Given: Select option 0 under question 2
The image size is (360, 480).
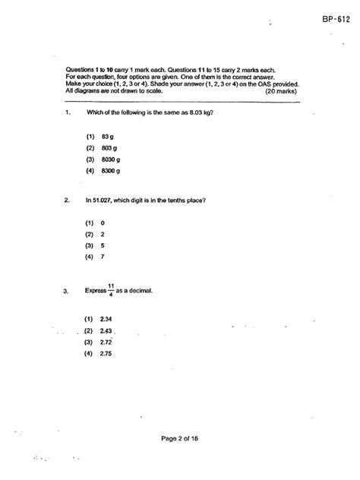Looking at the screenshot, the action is coord(102,223).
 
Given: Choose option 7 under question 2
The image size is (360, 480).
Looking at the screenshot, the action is coord(102,257).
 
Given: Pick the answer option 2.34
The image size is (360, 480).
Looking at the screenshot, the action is coord(106,320).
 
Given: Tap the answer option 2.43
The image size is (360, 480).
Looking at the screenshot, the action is coord(106,331).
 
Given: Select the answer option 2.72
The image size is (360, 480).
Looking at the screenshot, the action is coord(106,343).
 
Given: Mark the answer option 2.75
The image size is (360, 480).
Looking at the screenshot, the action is coord(106,354).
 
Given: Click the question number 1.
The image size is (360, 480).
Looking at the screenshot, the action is coord(68,113).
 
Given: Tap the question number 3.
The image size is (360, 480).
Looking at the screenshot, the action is coord(68,291).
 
